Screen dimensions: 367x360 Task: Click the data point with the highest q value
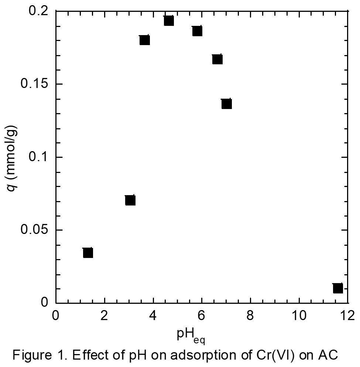[x=169, y=21]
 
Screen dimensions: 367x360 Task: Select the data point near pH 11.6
[x=337, y=288]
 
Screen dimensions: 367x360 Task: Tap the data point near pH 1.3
[x=88, y=253]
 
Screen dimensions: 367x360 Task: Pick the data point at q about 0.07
[x=130, y=200]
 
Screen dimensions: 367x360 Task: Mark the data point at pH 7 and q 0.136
[x=226, y=104]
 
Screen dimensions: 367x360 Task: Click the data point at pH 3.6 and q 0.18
[x=144, y=40]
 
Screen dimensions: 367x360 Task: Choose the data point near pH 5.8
[x=197, y=31]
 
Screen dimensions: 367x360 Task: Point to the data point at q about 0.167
[x=217, y=59]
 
